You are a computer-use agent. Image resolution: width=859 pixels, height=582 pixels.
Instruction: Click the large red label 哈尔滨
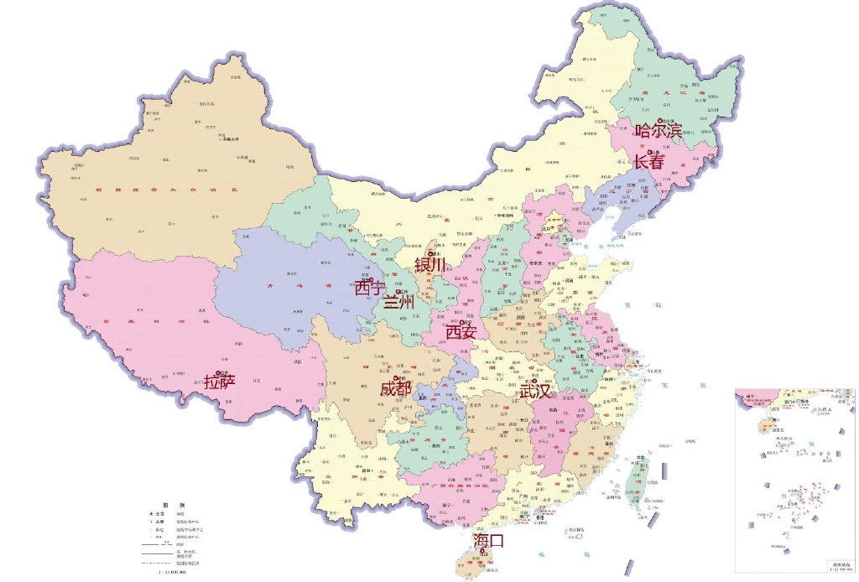pyautogui.click(x=659, y=131)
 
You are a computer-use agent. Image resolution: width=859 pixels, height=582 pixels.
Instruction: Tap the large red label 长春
pyautogui.click(x=648, y=162)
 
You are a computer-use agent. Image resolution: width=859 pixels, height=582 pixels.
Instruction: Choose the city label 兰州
pyautogui.click(x=398, y=302)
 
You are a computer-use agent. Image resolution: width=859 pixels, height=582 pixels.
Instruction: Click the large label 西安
pyautogui.click(x=461, y=333)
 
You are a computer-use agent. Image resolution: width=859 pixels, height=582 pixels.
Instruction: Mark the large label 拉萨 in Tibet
pyautogui.click(x=220, y=382)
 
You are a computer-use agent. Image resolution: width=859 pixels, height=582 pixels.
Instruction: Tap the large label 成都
pyautogui.click(x=396, y=388)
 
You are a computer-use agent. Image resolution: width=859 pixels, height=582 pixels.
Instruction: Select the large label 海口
pyautogui.click(x=488, y=541)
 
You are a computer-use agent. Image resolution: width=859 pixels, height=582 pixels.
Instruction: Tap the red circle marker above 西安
pyautogui.click(x=461, y=322)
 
